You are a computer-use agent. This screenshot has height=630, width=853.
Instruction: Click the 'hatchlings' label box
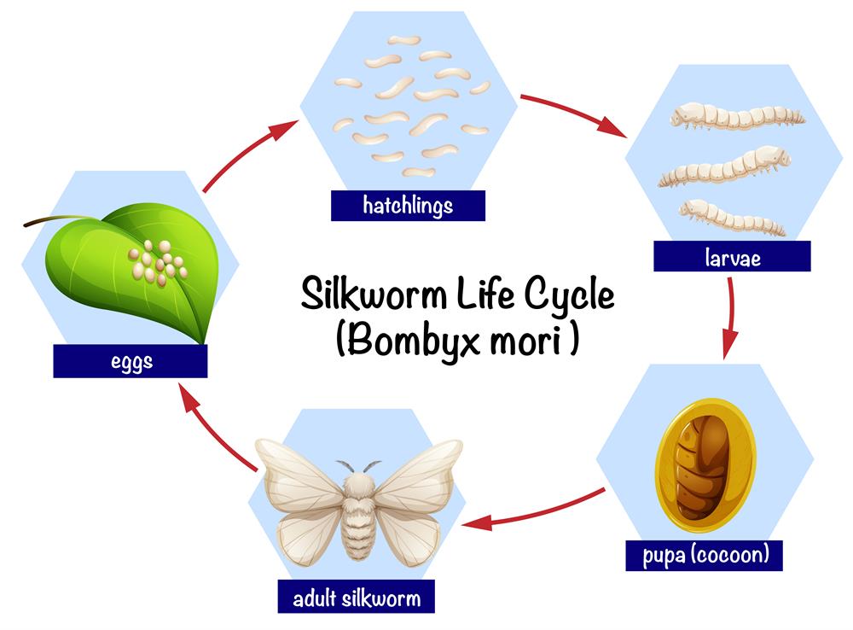408,206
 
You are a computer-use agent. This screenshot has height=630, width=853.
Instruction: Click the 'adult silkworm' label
356,598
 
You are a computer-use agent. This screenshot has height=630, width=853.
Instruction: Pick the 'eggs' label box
131,362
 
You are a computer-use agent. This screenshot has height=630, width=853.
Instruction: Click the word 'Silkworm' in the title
380,295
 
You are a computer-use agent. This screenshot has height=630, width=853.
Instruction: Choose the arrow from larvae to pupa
730,316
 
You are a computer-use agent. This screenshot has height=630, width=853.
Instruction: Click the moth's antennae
358,466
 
